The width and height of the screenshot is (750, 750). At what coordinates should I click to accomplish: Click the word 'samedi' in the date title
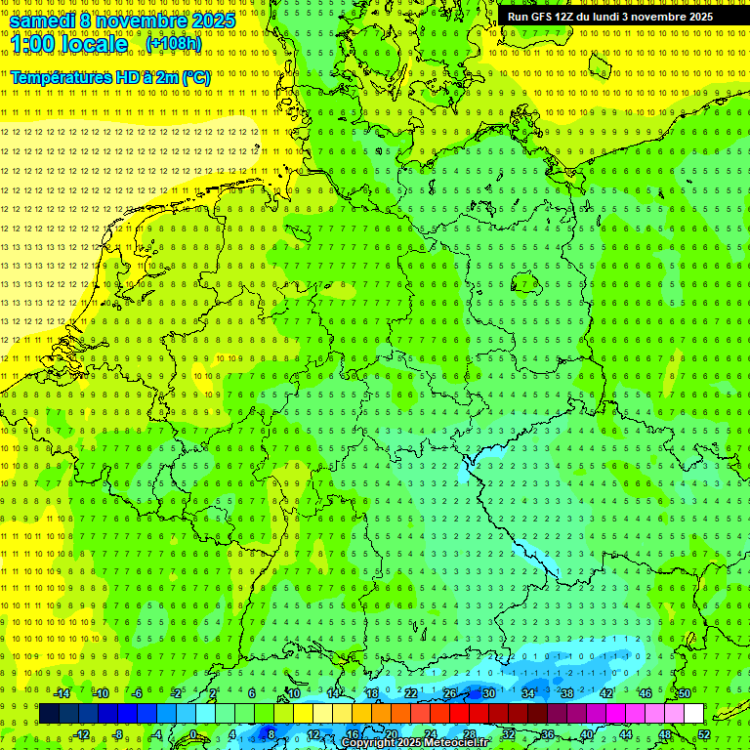click(x=43, y=21)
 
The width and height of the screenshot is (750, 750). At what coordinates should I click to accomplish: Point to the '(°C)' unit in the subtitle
click(x=195, y=77)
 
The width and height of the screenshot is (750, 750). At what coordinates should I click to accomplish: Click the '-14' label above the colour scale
click(x=62, y=693)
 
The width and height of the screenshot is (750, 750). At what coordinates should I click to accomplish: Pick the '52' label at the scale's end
click(x=704, y=734)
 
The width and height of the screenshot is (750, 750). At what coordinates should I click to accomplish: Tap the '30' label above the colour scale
click(x=489, y=693)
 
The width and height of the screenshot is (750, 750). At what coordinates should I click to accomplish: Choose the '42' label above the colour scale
click(x=606, y=693)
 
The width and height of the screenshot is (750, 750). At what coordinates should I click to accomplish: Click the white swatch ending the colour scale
click(x=693, y=714)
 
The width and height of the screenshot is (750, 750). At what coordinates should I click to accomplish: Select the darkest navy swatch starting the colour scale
click(x=50, y=714)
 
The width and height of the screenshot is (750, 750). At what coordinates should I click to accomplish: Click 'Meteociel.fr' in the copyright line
click(x=456, y=743)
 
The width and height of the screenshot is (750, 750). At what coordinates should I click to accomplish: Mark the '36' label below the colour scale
click(x=548, y=734)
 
